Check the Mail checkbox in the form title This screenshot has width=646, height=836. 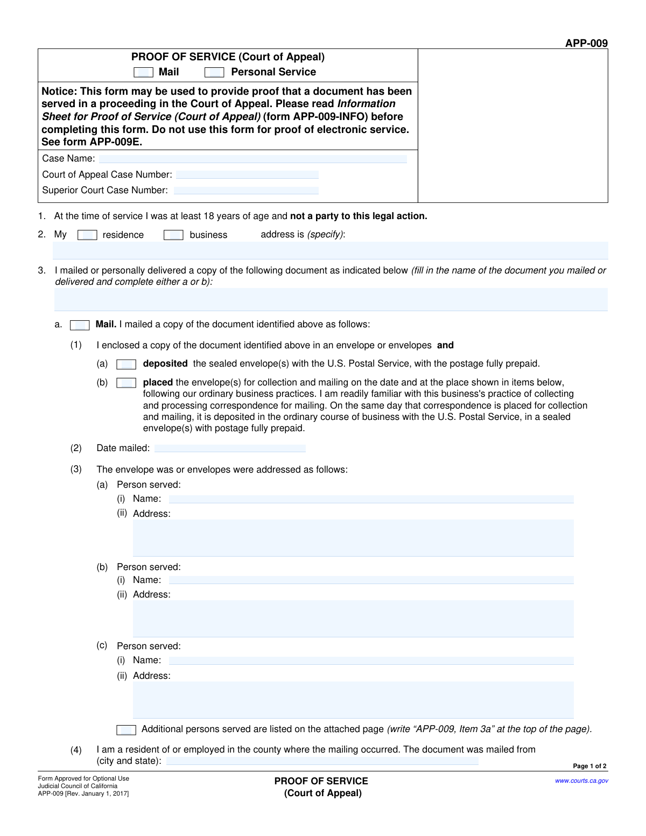pyautogui.click(x=143, y=73)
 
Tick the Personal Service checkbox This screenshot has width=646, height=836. pyautogui.click(x=214, y=73)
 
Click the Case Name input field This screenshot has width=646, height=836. pyautogui.click(x=252, y=159)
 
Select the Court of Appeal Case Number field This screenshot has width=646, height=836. pyautogui.click(x=247, y=175)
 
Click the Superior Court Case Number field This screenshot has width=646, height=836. pyautogui.click(x=246, y=191)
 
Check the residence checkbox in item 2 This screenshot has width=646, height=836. pyautogui.click(x=87, y=235)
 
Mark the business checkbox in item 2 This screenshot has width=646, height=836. pyautogui.click(x=173, y=235)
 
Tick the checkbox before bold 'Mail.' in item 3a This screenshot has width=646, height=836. pyautogui.click(x=80, y=325)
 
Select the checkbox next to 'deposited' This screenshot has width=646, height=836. pyautogui.click(x=126, y=364)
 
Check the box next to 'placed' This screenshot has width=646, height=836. pyautogui.click(x=126, y=383)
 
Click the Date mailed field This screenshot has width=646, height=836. pyautogui.click(x=230, y=448)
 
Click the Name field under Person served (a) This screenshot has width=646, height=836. pyautogui.click(x=371, y=500)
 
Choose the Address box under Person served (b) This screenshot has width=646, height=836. pyautogui.click(x=353, y=619)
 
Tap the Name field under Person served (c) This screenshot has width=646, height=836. pyautogui.click(x=371, y=661)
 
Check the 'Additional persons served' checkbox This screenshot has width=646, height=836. pyautogui.click(x=126, y=730)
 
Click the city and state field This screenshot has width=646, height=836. pyautogui.click(x=322, y=761)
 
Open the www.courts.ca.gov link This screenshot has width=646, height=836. pyautogui.click(x=581, y=781)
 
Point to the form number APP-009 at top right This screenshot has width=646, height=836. pyautogui.click(x=586, y=43)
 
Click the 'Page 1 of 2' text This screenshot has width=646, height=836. pyautogui.click(x=589, y=766)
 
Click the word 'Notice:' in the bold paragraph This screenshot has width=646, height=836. pyautogui.click(x=59, y=92)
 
